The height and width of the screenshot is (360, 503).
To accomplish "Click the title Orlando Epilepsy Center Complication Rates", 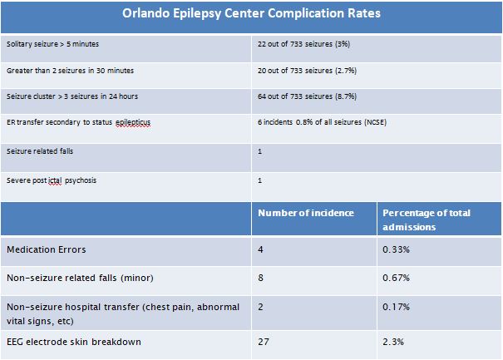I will (x=251, y=14).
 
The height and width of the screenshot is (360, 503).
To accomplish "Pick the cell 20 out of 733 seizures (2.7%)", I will (x=309, y=71).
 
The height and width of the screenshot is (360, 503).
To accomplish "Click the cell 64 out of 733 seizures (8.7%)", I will (x=309, y=96).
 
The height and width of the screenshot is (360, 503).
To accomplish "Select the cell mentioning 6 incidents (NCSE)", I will (x=322, y=122).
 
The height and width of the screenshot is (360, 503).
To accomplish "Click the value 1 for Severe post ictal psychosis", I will (x=260, y=180).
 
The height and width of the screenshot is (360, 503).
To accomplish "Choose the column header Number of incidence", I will (x=305, y=213).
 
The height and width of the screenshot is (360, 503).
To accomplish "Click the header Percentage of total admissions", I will (x=426, y=219).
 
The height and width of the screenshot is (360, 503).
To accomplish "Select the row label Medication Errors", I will (x=46, y=249).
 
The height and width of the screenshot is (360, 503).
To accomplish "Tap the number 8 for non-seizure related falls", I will (x=261, y=278).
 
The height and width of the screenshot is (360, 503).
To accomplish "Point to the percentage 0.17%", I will (x=397, y=307).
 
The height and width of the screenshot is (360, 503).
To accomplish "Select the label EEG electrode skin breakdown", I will (x=74, y=342).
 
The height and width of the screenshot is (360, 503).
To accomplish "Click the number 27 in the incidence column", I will (x=264, y=342).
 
